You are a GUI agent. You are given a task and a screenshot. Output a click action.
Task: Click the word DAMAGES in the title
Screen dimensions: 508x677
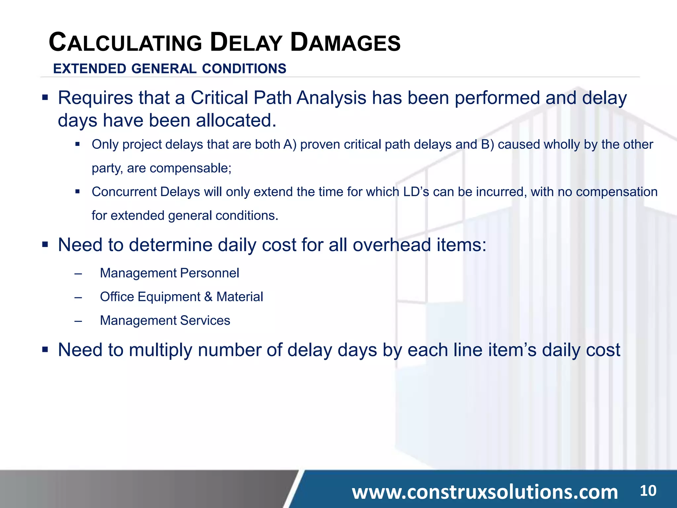click(345, 43)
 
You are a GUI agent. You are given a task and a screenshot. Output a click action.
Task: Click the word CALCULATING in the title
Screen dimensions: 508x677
click(125, 43)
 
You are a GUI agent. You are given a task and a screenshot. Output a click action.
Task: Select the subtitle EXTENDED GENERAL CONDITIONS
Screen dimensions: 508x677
click(170, 69)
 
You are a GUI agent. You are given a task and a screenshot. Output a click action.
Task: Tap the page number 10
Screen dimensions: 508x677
click(648, 491)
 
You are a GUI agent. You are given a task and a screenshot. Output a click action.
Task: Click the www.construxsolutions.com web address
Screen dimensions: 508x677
click(485, 492)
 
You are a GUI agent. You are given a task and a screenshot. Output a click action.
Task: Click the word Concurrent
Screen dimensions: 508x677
click(124, 192)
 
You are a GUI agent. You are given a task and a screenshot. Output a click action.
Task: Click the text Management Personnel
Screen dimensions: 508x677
click(169, 273)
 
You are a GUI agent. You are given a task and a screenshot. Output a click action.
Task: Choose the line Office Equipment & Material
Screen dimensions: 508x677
click(181, 297)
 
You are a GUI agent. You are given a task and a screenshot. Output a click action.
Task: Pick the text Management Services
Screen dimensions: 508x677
click(165, 320)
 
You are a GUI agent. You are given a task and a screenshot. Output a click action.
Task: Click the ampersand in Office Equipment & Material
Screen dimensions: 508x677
click(208, 297)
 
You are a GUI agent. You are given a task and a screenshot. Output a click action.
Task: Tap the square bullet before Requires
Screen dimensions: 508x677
click(45, 98)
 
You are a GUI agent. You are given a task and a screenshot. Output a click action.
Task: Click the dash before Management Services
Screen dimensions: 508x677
click(78, 321)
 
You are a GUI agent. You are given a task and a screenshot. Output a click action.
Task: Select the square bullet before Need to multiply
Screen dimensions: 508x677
click(45, 349)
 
